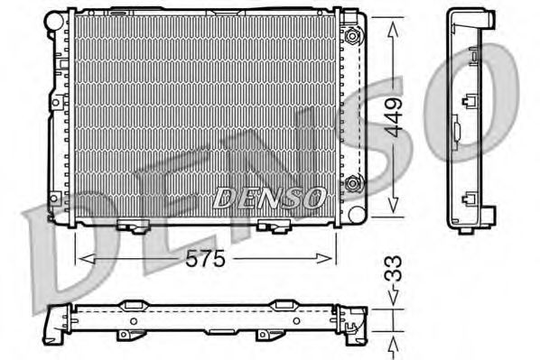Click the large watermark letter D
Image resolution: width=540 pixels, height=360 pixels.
[54, 262]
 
